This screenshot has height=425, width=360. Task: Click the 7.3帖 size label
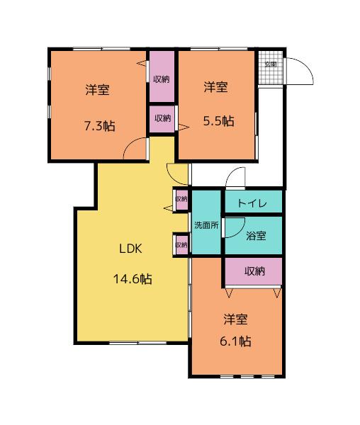[99, 126]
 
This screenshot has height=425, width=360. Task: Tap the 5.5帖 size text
[218, 121]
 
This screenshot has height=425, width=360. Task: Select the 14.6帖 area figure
[132, 278]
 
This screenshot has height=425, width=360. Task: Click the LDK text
[131, 248]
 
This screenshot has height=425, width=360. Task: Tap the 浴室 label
[256, 235]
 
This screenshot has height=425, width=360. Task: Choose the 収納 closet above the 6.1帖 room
[254, 271]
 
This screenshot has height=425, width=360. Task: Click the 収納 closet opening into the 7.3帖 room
[162, 78]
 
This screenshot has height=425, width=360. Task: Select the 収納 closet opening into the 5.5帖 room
[162, 118]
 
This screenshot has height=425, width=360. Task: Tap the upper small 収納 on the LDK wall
[181, 199]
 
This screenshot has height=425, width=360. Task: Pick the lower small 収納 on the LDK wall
[181, 245]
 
